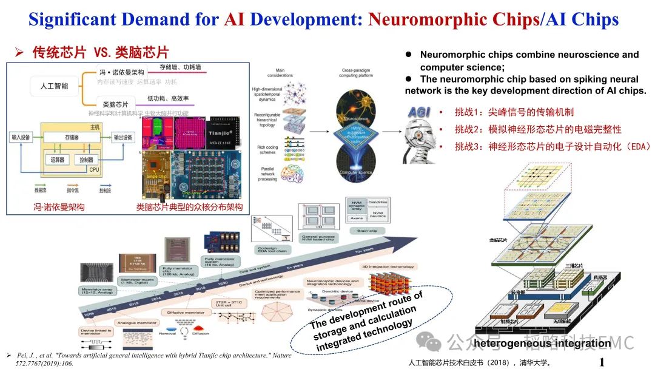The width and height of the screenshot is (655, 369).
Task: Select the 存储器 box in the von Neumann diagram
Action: [x=71, y=138]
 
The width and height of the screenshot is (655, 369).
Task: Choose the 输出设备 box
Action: [x=123, y=138]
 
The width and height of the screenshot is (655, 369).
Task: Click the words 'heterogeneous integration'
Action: [x=542, y=344]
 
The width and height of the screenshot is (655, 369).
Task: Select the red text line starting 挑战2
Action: [x=538, y=129]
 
